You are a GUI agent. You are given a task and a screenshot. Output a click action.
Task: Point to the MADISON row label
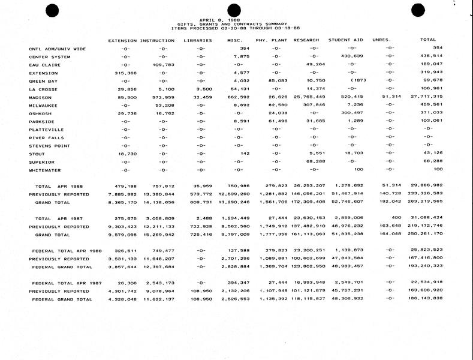click(x=40, y=97)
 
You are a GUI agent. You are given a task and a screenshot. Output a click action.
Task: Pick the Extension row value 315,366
click(x=125, y=72)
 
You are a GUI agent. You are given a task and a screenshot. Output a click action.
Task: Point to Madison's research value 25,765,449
click(x=309, y=97)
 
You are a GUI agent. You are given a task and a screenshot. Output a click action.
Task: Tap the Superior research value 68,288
click(x=315, y=161)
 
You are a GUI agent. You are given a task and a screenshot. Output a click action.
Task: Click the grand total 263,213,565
click(x=426, y=202)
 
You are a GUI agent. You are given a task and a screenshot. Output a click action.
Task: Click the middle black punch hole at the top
click(x=234, y=8)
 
